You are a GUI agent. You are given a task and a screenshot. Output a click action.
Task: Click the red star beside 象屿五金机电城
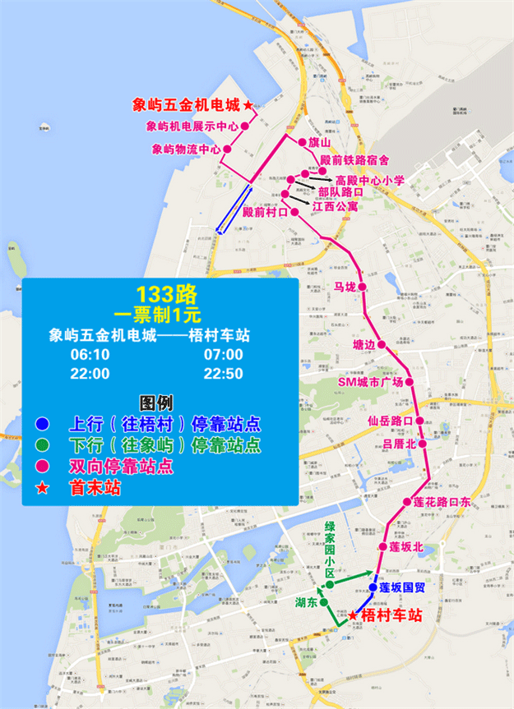click(x=248, y=105)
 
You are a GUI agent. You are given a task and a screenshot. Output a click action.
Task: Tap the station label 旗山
click(x=319, y=142)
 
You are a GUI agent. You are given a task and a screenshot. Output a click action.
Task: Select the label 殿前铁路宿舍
click(x=354, y=159)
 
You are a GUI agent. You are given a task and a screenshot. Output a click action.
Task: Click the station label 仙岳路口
click(x=390, y=421)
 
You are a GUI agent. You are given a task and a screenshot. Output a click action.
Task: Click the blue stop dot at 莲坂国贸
click(x=373, y=587)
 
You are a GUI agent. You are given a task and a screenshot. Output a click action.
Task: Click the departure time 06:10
click(x=90, y=355)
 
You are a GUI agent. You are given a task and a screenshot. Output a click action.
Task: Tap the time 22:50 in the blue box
click(x=223, y=374)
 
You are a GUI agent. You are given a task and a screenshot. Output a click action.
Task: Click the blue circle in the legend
click(x=42, y=425)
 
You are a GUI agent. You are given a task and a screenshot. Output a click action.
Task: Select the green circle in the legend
click(x=42, y=446)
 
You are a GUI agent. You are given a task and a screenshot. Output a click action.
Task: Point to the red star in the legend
click(x=42, y=488)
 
